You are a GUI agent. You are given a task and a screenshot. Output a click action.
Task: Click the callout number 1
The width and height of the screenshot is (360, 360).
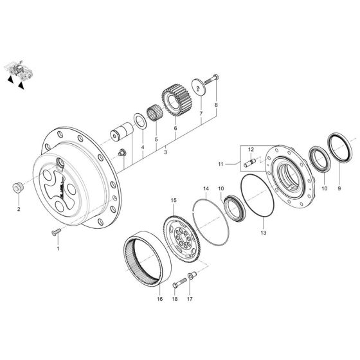coord(57,247)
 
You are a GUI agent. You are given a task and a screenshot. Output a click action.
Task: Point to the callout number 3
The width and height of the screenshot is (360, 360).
coord(165,152)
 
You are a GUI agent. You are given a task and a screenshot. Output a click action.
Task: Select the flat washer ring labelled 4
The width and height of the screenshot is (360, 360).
coord(138,120)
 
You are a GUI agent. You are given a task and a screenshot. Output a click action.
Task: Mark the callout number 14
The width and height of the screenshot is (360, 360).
coord(206,189)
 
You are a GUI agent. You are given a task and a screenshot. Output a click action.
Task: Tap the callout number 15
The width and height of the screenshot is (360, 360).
coord(173,201)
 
